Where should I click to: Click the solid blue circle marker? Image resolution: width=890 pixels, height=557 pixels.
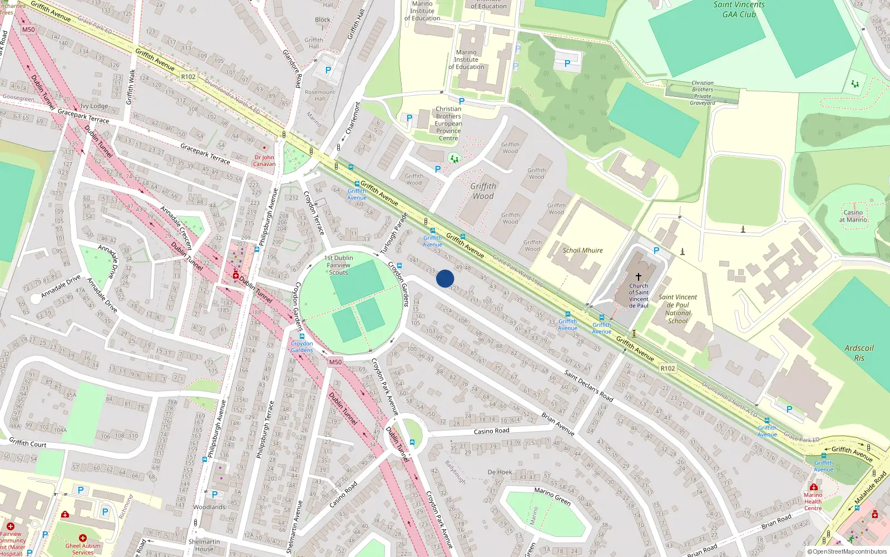(445, 278)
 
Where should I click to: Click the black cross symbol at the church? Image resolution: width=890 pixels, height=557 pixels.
(639, 277)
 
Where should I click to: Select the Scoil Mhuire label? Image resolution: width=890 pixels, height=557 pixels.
(582, 251)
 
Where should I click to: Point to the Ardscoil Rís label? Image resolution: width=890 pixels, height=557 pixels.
(859, 353)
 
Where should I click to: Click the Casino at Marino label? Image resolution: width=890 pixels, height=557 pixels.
(853, 216)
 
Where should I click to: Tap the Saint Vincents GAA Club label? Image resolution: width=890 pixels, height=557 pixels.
(739, 9)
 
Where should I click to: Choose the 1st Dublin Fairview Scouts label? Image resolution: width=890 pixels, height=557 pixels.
(339, 265)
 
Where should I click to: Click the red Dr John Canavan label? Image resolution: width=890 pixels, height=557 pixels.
(264, 160)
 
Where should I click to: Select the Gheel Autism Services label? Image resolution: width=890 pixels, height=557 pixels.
(83, 549)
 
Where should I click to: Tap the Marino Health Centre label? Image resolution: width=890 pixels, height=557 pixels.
(813, 501)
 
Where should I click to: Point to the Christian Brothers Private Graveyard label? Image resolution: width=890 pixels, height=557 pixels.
(703, 93)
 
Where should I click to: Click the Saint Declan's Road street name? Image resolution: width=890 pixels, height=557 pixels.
(589, 386)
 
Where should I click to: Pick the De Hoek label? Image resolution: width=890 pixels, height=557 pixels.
(500, 472)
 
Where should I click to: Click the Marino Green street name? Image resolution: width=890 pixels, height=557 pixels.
(552, 496)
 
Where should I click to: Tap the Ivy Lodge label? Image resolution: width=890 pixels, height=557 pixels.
(94, 106)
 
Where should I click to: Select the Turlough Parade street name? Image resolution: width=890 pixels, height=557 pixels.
(394, 233)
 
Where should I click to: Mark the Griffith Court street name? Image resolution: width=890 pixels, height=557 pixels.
(28, 443)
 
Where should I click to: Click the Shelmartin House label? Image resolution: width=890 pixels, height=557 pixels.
(204, 545)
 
